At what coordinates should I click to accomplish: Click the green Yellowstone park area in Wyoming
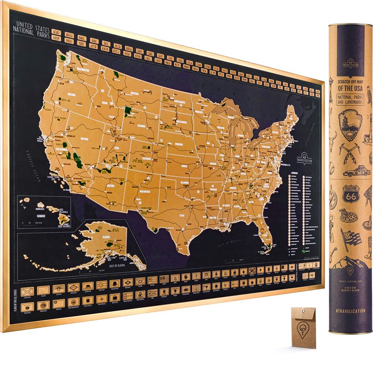(x=127, y=111)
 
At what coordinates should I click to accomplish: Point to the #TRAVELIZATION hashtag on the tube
(x=350, y=310)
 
